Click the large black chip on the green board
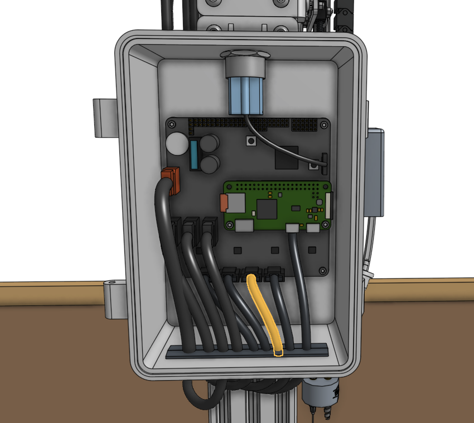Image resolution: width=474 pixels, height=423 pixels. click(x=267, y=209)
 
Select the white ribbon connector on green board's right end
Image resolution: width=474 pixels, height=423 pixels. click(x=328, y=204)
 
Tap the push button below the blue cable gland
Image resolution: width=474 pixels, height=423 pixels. click(x=251, y=143)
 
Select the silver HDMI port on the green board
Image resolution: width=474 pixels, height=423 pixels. click(x=244, y=226)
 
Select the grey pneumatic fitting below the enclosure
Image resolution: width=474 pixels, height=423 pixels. click(x=321, y=393)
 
